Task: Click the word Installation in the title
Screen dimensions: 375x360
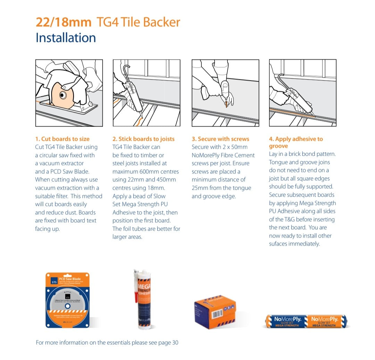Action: point(66,38)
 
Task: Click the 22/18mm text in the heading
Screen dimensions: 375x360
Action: point(63,22)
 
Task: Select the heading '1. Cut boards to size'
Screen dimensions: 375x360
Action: point(62,139)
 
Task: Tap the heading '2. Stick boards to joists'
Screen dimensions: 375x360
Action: point(143,139)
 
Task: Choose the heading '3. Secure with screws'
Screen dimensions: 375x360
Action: point(220,139)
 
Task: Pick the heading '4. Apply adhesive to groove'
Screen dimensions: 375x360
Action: point(295,142)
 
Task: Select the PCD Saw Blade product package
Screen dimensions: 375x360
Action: point(67,300)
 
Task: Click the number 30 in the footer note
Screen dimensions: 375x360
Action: point(175,343)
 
